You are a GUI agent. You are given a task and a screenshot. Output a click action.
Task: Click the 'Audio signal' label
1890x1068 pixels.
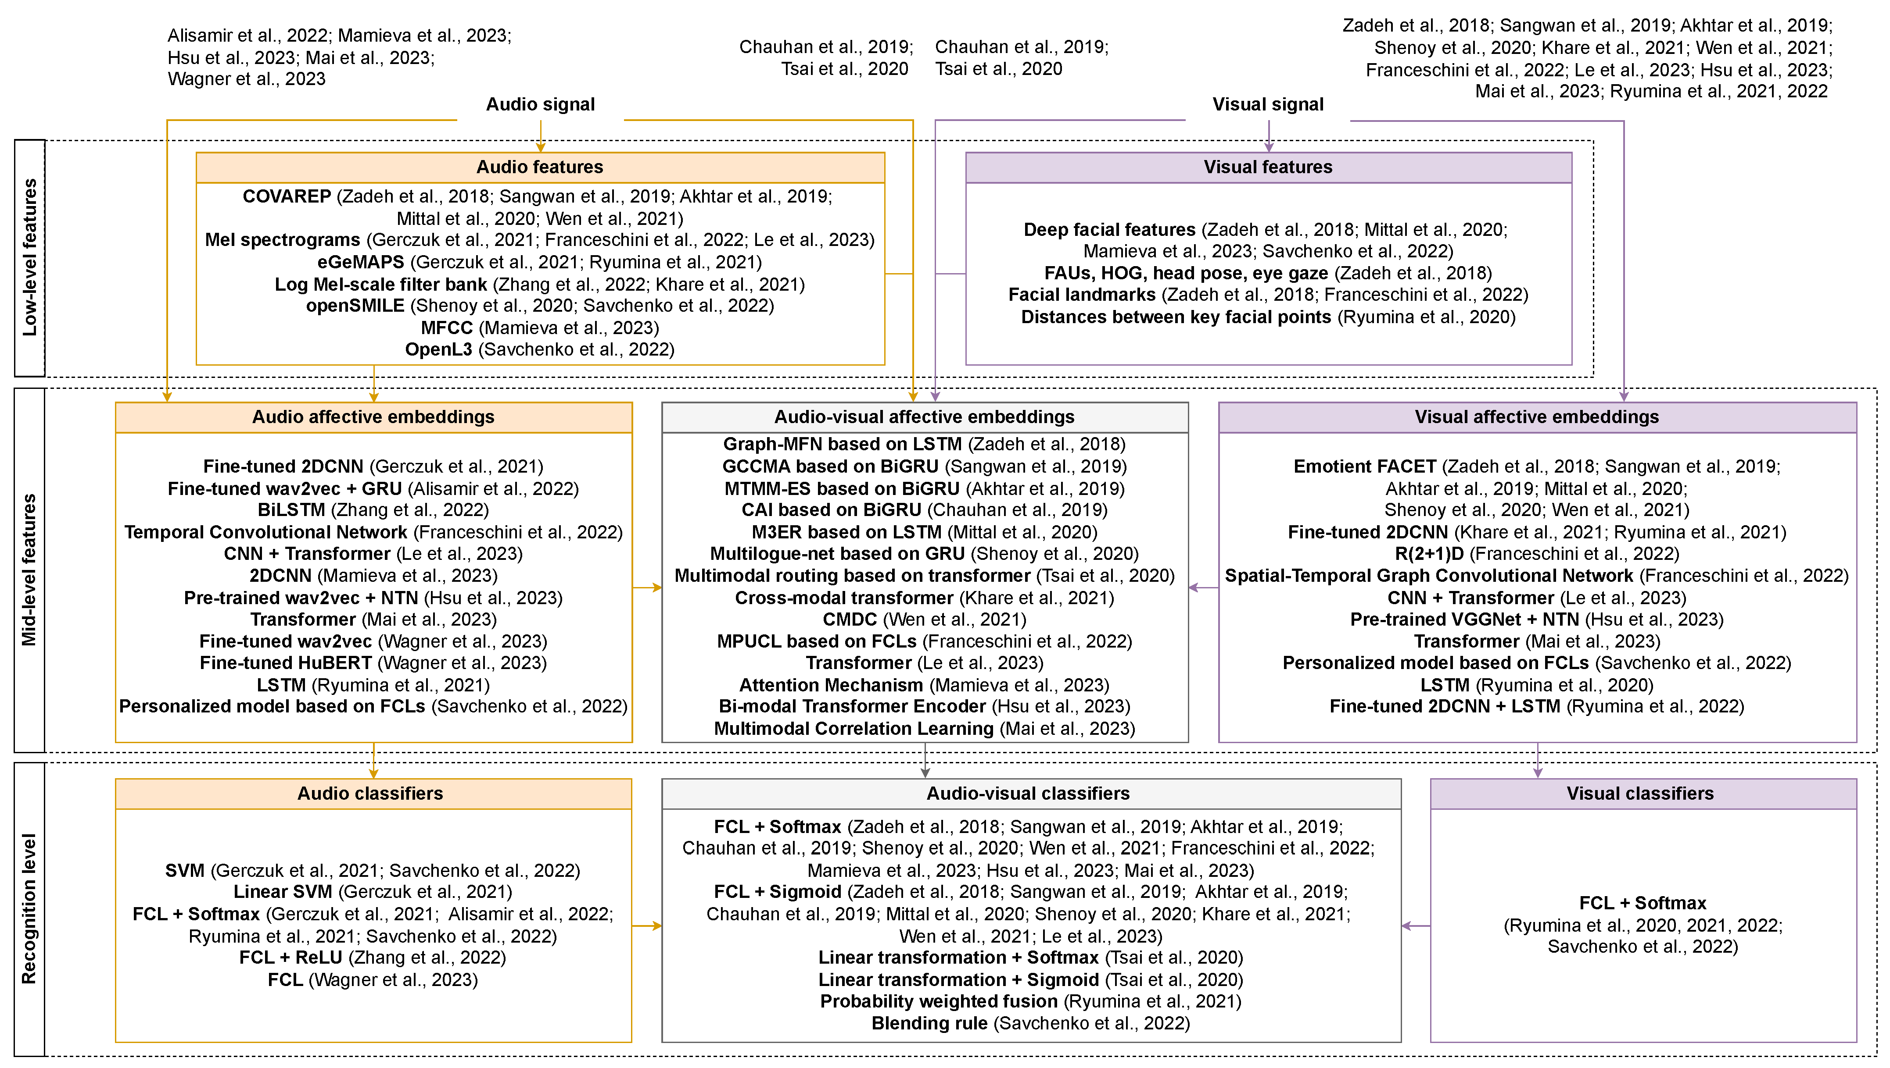pos(540,105)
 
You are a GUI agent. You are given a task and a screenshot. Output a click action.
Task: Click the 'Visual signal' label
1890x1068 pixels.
pos(1268,105)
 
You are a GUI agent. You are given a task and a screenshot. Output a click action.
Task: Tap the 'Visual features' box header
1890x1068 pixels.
pos(1268,167)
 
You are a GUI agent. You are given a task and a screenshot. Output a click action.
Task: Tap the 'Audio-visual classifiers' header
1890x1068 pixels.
pos(1028,794)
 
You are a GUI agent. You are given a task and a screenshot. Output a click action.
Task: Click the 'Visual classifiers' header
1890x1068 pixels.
pos(1640,794)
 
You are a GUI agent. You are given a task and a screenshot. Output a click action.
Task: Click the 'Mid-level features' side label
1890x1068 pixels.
pos(29,570)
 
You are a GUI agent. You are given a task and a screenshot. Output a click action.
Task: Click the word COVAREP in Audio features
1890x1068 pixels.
pos(287,196)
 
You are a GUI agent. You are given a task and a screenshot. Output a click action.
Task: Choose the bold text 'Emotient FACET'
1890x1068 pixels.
pos(1364,466)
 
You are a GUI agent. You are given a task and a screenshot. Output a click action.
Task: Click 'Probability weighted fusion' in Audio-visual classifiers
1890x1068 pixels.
pos(939,1001)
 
